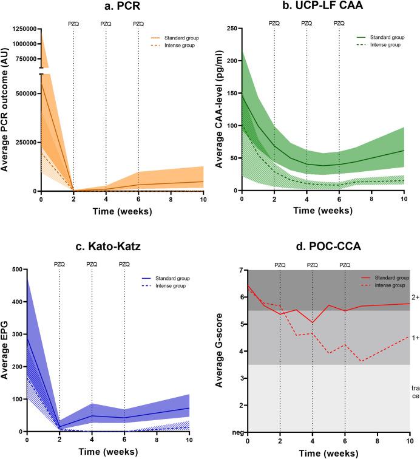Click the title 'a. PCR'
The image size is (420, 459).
pyautogui.click(x=121, y=7)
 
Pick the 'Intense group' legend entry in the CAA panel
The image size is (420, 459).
pyautogui.click(x=376, y=46)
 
